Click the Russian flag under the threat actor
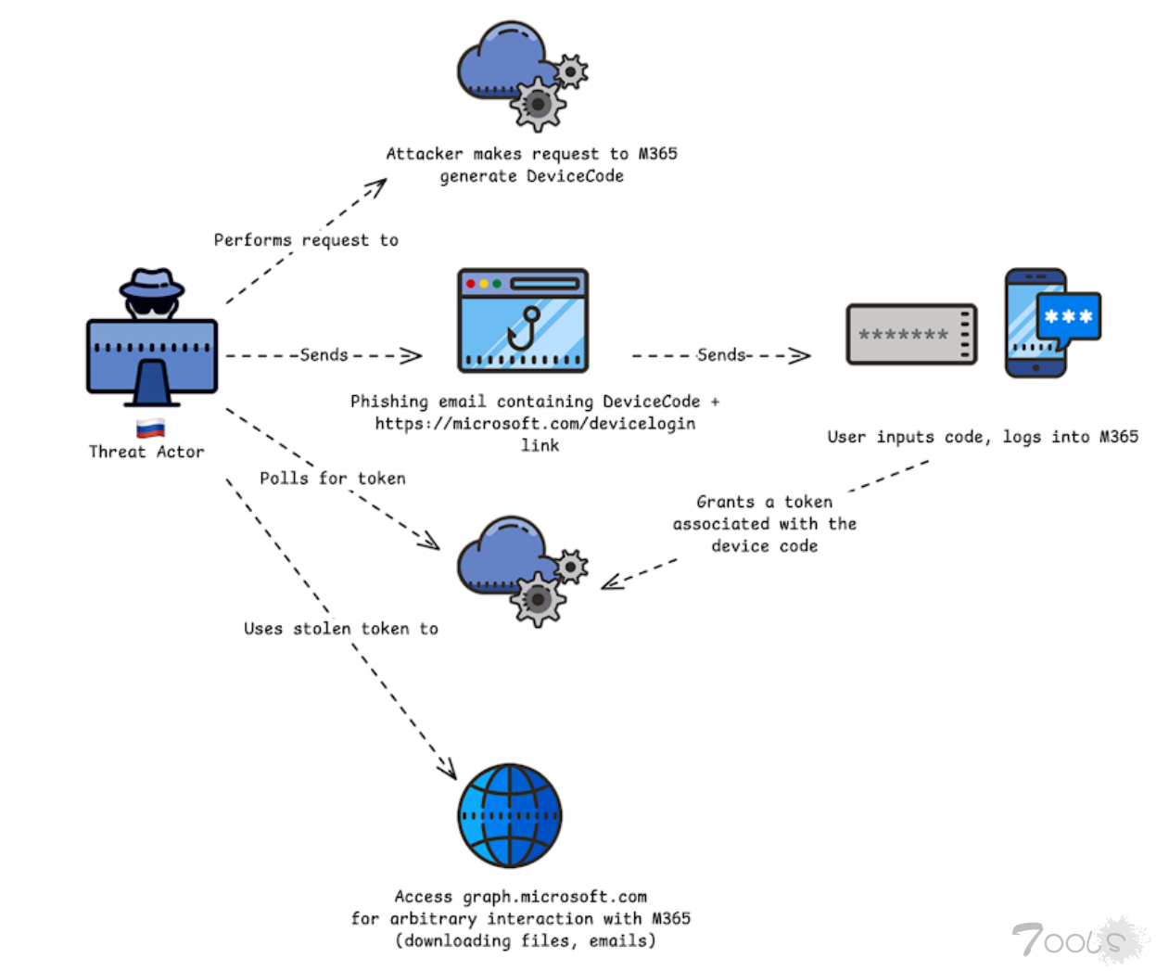(150, 428)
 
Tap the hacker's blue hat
(152, 282)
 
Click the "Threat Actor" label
(146, 452)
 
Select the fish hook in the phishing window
(525, 327)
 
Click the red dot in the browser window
(471, 283)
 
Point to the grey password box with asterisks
(911, 334)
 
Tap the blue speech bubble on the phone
(1069, 318)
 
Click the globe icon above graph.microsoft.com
(510, 815)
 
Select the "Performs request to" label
(306, 240)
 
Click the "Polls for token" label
(333, 479)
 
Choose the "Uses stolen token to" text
(340, 629)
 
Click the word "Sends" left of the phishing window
(324, 355)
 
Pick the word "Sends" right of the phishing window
(721, 355)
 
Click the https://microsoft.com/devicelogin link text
(535, 424)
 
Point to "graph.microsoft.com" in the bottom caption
(554, 897)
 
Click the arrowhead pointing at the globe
(449, 769)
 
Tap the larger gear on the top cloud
(538, 104)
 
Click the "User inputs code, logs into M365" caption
(983, 437)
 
